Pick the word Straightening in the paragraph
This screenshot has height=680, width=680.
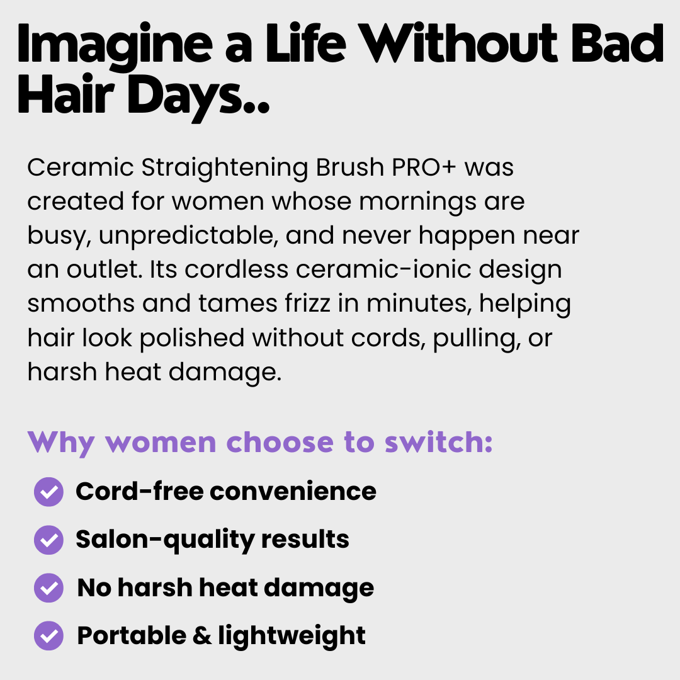[224, 169]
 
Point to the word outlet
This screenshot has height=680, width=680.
[105, 269]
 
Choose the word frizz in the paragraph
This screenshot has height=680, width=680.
[307, 303]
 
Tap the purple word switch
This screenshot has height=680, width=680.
[438, 443]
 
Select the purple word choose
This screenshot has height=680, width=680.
[280, 443]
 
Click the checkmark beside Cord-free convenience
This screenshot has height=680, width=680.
[48, 492]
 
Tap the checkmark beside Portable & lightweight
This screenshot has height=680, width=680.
[48, 636]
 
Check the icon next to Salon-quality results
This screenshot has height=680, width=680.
[48, 540]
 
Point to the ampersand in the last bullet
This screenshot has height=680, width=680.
[202, 636]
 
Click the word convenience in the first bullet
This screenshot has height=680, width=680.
[293, 492]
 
